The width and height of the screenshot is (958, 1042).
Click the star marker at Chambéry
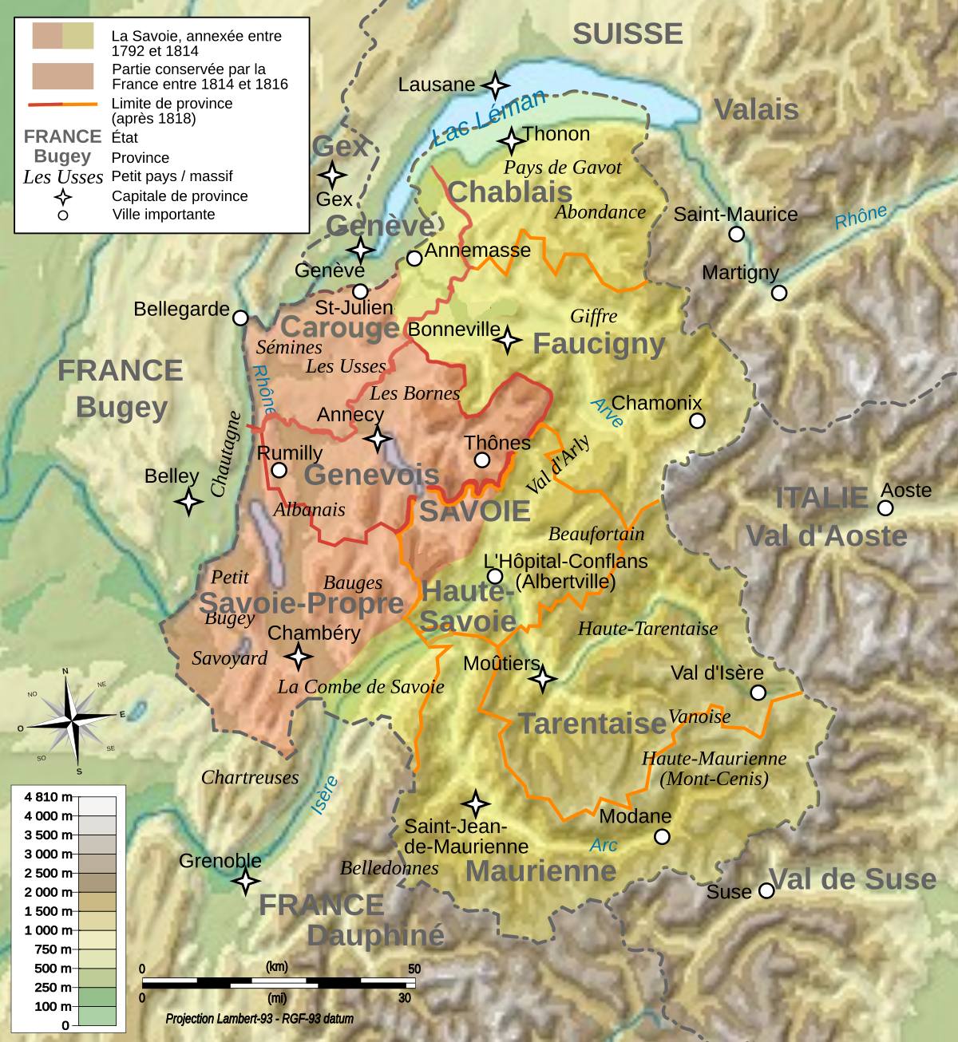pyautogui.click(x=299, y=657)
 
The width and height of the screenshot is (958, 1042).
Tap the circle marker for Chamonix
pyautogui.click(x=697, y=420)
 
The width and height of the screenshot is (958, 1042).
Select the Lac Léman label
pyautogui.click(x=489, y=118)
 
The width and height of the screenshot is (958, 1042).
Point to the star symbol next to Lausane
pyautogui.click(x=495, y=85)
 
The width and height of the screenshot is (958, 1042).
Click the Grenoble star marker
pyautogui.click(x=245, y=881)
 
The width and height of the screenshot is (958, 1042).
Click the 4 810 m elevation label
pyautogui.click(x=48, y=797)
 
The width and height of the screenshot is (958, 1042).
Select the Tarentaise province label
pyautogui.click(x=592, y=724)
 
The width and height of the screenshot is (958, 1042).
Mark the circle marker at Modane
pyautogui.click(x=662, y=836)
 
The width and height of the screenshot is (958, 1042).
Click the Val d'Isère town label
pyautogui.click(x=717, y=673)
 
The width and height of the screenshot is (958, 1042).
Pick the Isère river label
pyautogui.click(x=324, y=794)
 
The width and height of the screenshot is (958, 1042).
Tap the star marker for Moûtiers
pyautogui.click(x=543, y=679)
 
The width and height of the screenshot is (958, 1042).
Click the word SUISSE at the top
pyautogui.click(x=627, y=34)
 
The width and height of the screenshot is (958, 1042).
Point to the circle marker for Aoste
pyautogui.click(x=885, y=508)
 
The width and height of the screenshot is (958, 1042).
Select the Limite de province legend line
pyautogui.click(x=62, y=104)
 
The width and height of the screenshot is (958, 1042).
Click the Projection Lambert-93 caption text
pyautogui.click(x=259, y=1019)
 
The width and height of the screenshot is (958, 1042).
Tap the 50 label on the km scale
pyautogui.click(x=414, y=969)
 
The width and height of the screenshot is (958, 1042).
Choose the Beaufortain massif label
pyautogui.click(x=596, y=534)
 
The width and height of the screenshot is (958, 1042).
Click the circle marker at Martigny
pyautogui.click(x=778, y=293)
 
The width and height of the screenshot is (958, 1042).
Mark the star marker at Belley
pyautogui.click(x=189, y=502)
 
